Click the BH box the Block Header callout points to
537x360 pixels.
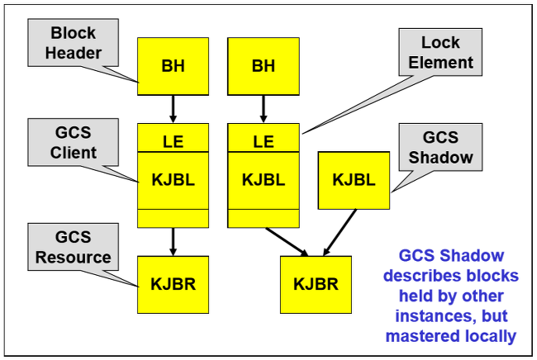173,65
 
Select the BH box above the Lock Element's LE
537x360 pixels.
263,65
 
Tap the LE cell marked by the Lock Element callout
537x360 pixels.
263,141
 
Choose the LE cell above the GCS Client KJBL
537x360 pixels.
173,141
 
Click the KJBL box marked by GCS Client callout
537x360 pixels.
173,179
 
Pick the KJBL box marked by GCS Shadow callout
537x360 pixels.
354,179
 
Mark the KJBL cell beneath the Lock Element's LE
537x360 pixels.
263,179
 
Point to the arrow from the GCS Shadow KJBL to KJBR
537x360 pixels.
340,230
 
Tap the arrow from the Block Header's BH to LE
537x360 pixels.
173,107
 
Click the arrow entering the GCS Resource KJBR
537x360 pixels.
173,241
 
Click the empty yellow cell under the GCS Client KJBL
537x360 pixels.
173,218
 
